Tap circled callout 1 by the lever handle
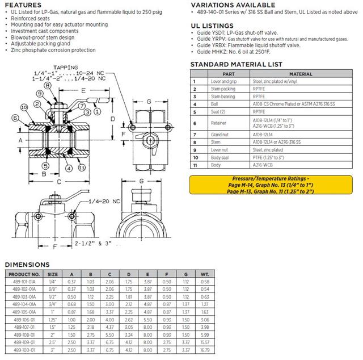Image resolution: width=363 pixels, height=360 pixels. click(98, 112)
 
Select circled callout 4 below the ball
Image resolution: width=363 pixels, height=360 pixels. click(67, 168)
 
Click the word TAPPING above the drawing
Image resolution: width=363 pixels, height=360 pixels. click(60, 67)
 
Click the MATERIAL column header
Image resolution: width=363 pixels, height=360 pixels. click(301, 74)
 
